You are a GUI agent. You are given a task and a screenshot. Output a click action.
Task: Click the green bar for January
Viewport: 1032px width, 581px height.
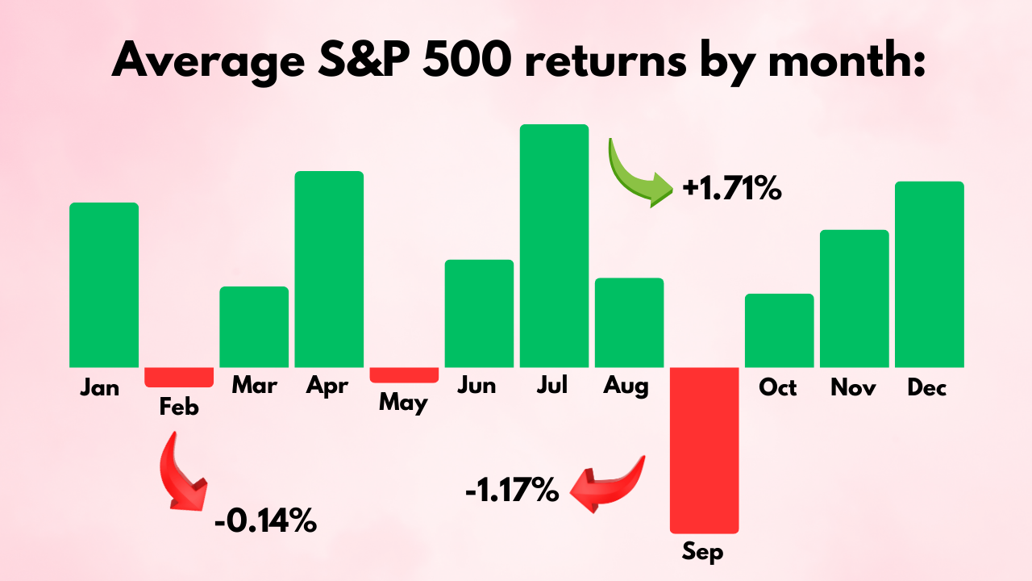(x=104, y=285)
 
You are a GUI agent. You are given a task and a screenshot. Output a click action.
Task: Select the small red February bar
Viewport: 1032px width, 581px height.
(x=179, y=377)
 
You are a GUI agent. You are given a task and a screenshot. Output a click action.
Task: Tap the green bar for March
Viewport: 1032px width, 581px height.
(x=254, y=327)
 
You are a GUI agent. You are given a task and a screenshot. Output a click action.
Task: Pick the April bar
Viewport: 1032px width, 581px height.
(x=329, y=270)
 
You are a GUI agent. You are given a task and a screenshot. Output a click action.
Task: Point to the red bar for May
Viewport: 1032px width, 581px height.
(x=404, y=374)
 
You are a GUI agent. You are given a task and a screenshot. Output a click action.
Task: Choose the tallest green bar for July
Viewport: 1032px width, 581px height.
(x=554, y=246)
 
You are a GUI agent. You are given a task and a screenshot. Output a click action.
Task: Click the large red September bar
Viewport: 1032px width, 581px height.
(x=704, y=449)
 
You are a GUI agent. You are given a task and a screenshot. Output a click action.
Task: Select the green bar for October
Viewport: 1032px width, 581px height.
(x=779, y=331)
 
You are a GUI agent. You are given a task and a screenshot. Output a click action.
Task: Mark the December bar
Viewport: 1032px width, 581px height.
(x=929, y=274)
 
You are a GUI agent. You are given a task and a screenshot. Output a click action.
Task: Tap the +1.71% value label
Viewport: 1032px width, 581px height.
(x=732, y=190)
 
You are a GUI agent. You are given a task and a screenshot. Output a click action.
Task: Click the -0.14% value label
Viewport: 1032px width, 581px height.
(x=265, y=521)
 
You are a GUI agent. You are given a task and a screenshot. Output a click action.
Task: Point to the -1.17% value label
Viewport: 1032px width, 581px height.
(x=512, y=489)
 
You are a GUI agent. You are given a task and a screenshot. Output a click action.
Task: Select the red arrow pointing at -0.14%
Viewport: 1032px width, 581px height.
(x=183, y=472)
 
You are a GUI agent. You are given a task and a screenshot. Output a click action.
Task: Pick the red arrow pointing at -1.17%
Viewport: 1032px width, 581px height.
(x=609, y=484)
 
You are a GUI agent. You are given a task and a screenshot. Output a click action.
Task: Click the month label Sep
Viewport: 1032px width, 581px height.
(x=703, y=553)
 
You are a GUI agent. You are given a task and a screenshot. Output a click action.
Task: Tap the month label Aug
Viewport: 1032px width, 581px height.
(x=626, y=387)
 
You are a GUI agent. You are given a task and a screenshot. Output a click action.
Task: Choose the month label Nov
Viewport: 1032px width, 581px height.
(x=854, y=388)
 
